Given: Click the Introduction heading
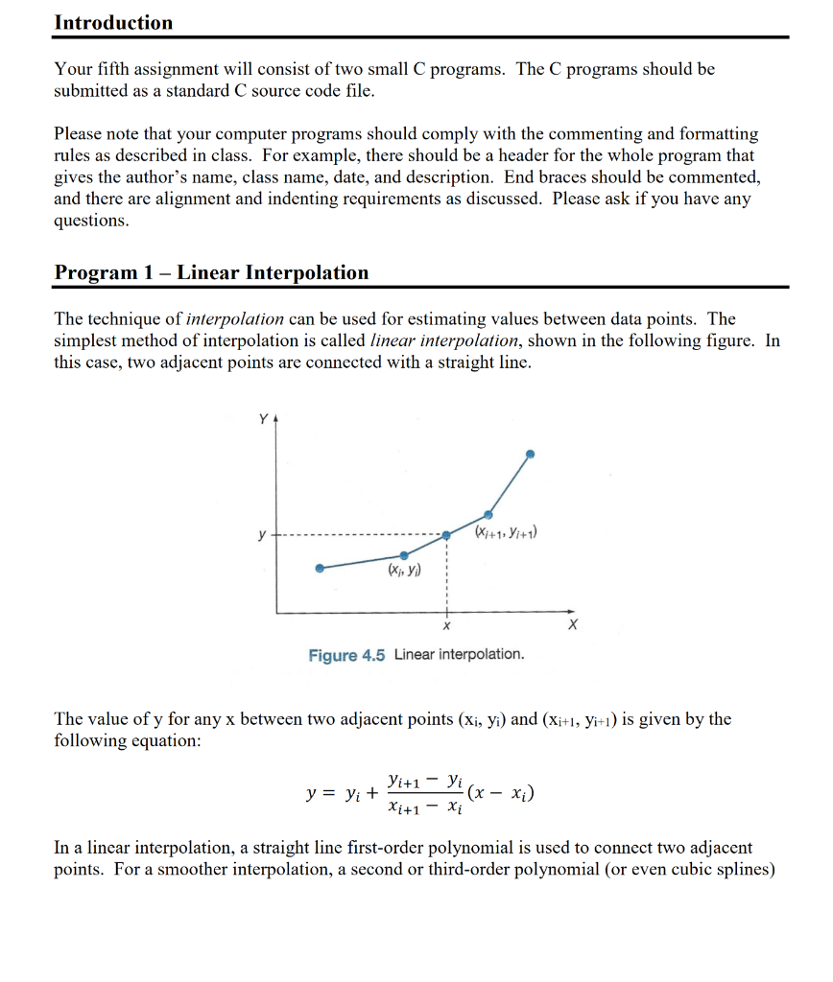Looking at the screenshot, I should pyautogui.click(x=113, y=22).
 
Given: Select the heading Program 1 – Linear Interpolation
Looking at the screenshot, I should pyautogui.click(x=211, y=272).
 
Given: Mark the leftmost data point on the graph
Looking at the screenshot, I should pyautogui.click(x=320, y=568).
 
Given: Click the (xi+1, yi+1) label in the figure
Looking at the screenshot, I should pyautogui.click(x=506, y=532).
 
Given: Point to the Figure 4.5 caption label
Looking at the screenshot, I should pyautogui.click(x=346, y=655).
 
